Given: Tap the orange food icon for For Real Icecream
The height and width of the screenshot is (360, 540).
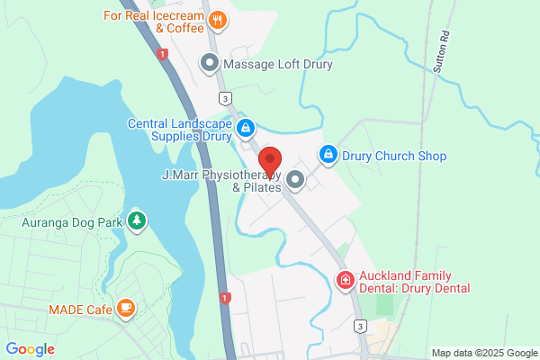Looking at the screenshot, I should point(217,19).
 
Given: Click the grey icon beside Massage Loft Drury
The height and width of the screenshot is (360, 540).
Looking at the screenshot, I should point(210,64).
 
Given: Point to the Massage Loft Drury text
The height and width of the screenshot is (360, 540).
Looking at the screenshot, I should point(278,65).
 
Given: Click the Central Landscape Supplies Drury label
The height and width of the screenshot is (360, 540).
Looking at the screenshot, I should point(179,130).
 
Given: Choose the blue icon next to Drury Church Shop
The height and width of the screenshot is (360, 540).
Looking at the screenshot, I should point(328,156).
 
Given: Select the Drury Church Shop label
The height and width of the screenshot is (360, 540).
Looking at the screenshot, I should point(394,156).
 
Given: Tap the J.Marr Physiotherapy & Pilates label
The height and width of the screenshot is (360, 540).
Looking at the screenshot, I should point(221,180).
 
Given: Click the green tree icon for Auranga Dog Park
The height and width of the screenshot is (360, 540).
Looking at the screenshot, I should point(137,220).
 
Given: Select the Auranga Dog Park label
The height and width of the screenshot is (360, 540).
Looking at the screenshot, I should point(73,221).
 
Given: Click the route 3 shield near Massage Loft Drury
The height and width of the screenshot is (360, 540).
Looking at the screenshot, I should point(222,97).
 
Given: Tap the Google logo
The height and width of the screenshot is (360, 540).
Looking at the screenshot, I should point(30,348).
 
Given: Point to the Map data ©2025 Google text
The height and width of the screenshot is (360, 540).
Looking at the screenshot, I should point(483,353).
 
